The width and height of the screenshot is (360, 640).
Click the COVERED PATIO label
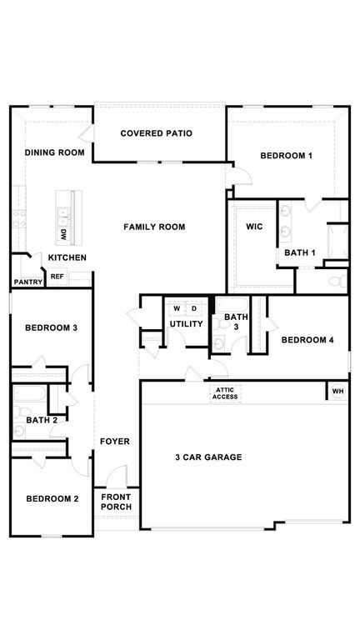click(157, 133)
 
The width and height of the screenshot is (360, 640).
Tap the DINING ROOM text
click(54, 152)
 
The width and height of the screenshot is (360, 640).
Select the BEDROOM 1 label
click(286, 156)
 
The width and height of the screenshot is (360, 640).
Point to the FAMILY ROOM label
click(154, 227)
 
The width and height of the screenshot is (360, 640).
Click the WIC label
click(254, 227)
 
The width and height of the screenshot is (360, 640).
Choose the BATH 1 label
click(300, 252)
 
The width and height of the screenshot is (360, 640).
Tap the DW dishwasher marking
click(64, 235)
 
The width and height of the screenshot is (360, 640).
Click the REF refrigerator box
click(57, 277)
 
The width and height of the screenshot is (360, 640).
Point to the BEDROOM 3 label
click(51, 327)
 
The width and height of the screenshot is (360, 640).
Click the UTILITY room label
click(186, 323)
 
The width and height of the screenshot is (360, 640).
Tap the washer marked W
click(177, 307)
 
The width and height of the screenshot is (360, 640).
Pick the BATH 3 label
click(236, 322)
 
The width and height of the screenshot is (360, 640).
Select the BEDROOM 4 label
click(307, 339)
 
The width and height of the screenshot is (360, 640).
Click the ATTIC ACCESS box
click(225, 393)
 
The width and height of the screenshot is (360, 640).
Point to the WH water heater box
click(337, 391)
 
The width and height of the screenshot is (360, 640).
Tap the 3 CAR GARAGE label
click(208, 457)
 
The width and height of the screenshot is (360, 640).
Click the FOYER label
click(115, 441)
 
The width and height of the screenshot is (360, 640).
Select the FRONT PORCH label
click(116, 502)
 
